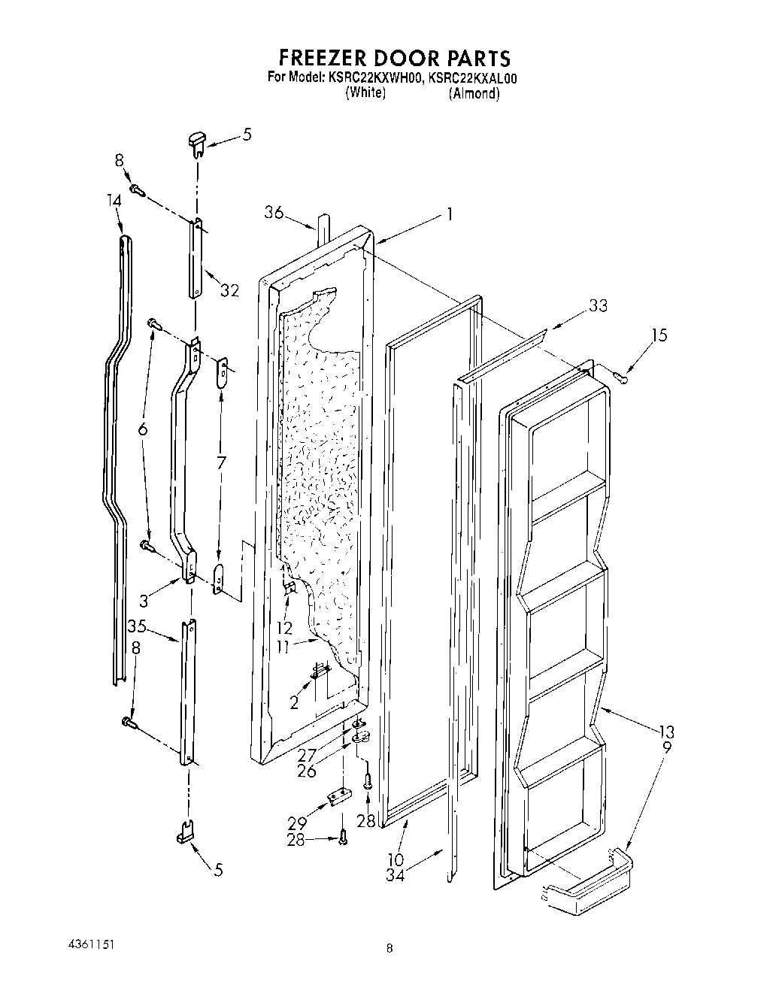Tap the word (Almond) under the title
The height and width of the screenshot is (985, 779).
tap(474, 93)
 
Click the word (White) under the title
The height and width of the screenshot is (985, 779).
tap(365, 92)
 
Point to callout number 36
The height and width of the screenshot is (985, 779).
tap(274, 213)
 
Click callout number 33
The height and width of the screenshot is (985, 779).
tap(599, 306)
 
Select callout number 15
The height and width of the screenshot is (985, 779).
tap(659, 335)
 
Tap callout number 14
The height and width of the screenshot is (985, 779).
tap(114, 201)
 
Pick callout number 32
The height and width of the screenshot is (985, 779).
tap(229, 289)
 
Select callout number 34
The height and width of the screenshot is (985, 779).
tap(396, 875)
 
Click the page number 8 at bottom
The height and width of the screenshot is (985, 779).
tap(389, 948)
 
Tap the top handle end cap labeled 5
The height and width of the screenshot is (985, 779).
tap(197, 141)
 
